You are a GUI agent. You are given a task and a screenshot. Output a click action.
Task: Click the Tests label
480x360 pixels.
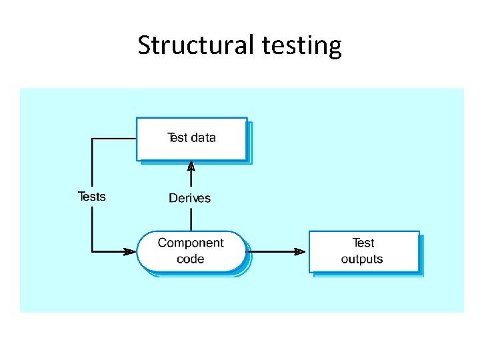coord(92,196)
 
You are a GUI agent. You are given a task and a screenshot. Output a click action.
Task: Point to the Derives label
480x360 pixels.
coord(190,198)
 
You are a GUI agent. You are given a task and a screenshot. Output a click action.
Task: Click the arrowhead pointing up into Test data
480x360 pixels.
coord(191,167)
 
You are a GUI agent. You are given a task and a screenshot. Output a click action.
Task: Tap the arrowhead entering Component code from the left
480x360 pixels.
coord(129,251)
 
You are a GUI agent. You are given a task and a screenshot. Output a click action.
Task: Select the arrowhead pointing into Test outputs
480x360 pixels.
coord(301,251)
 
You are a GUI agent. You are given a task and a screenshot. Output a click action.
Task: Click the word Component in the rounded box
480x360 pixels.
coord(191,243)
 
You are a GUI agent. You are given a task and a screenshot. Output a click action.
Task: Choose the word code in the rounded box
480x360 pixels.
coord(191,259)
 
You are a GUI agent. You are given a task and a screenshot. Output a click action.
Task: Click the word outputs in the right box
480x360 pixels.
coord(362,259)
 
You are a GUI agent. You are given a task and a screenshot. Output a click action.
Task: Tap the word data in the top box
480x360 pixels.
coord(203,138)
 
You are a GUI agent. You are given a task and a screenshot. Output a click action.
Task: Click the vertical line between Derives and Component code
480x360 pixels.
coord(191,218)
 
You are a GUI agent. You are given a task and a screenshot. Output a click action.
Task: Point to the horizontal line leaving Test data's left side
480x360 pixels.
coord(113,139)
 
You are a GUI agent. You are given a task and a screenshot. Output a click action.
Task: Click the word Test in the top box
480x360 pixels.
coord(178,138)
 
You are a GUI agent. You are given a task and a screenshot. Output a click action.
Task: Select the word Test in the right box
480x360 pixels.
coord(363,243)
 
